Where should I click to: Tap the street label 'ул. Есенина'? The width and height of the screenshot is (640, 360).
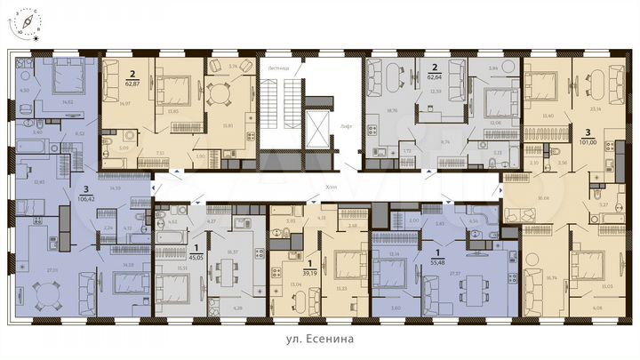(x=320, y=340)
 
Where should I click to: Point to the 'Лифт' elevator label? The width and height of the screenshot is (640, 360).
(x=348, y=127)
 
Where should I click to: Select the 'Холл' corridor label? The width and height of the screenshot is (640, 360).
(x=310, y=200)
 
